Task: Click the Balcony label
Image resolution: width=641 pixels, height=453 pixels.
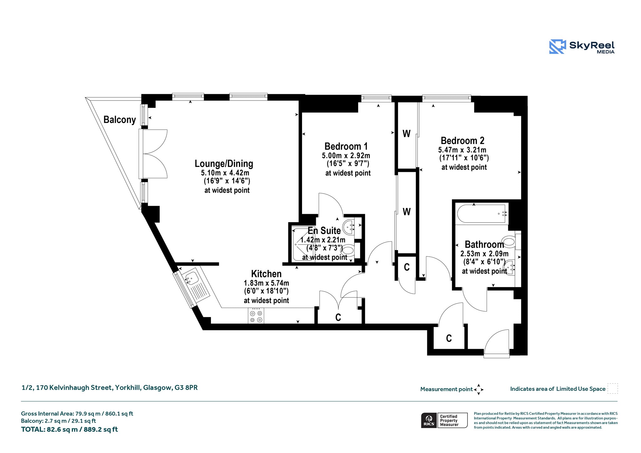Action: click(x=120, y=120)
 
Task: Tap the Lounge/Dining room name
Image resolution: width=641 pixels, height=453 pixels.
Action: click(x=224, y=163)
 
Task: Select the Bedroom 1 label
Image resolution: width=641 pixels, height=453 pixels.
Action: click(x=346, y=146)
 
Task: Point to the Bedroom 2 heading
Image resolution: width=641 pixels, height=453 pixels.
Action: click(x=462, y=141)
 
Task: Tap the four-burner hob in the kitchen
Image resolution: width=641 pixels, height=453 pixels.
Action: click(x=256, y=316)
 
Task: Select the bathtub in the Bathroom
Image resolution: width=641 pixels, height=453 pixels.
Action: click(x=481, y=214)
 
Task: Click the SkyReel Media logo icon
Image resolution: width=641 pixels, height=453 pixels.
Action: click(x=557, y=47)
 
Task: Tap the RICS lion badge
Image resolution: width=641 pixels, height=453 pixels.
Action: click(x=429, y=420)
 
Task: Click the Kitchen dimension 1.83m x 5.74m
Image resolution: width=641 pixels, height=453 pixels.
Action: click(x=266, y=283)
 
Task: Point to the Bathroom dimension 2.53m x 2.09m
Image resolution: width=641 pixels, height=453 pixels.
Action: click(x=484, y=254)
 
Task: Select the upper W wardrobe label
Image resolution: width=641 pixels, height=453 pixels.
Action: click(x=406, y=134)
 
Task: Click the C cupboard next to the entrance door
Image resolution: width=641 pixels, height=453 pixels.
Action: click(x=449, y=338)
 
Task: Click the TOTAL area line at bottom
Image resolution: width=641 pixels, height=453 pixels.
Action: click(x=69, y=430)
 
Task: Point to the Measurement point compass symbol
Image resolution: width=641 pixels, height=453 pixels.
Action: click(x=479, y=389)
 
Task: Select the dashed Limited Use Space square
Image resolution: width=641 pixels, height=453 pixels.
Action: click(x=613, y=389)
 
